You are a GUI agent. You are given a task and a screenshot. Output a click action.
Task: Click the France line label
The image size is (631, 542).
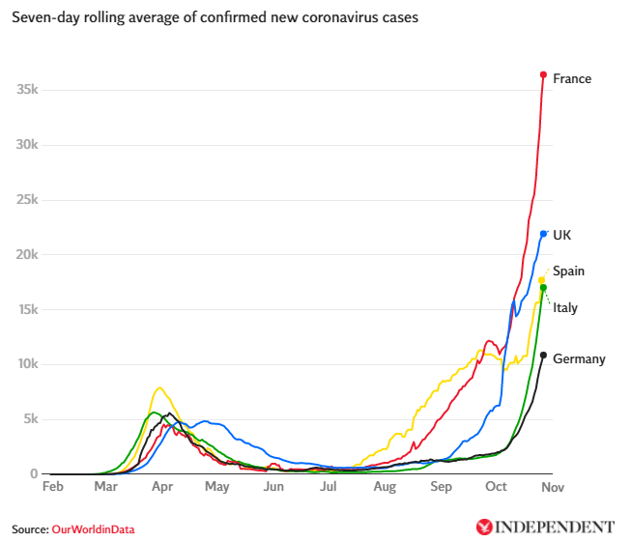pyautogui.click(x=572, y=79)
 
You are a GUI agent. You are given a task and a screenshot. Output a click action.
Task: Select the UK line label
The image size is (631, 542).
pyautogui.click(x=561, y=235)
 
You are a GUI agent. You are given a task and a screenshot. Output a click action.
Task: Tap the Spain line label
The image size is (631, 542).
pyautogui.click(x=568, y=271)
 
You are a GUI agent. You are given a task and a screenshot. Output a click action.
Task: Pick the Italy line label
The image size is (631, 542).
pyautogui.click(x=565, y=308)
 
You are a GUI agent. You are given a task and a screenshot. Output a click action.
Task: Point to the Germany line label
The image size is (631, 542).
pyautogui.click(x=579, y=359)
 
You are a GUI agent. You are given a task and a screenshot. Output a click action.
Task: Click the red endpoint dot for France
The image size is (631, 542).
pyautogui.click(x=544, y=74)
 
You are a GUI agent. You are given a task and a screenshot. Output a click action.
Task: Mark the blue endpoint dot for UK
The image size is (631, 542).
pyautogui.click(x=544, y=234)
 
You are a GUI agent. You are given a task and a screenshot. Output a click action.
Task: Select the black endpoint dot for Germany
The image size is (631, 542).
pyautogui.click(x=543, y=356)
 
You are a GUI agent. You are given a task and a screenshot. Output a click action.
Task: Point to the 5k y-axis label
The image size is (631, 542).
pyautogui.click(x=30, y=419)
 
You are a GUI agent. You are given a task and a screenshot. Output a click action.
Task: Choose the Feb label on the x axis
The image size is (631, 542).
pyautogui.click(x=53, y=487)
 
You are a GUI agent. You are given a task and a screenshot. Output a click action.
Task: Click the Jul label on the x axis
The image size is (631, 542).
pyautogui.click(x=330, y=487)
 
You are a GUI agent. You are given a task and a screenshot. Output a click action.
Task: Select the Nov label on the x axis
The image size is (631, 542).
pyautogui.click(x=552, y=487)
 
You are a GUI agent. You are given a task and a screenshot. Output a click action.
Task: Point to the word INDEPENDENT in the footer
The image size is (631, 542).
pyautogui.click(x=555, y=528)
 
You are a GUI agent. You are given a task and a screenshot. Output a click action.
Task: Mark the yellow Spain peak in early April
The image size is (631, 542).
pyautogui.click(x=159, y=388)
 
